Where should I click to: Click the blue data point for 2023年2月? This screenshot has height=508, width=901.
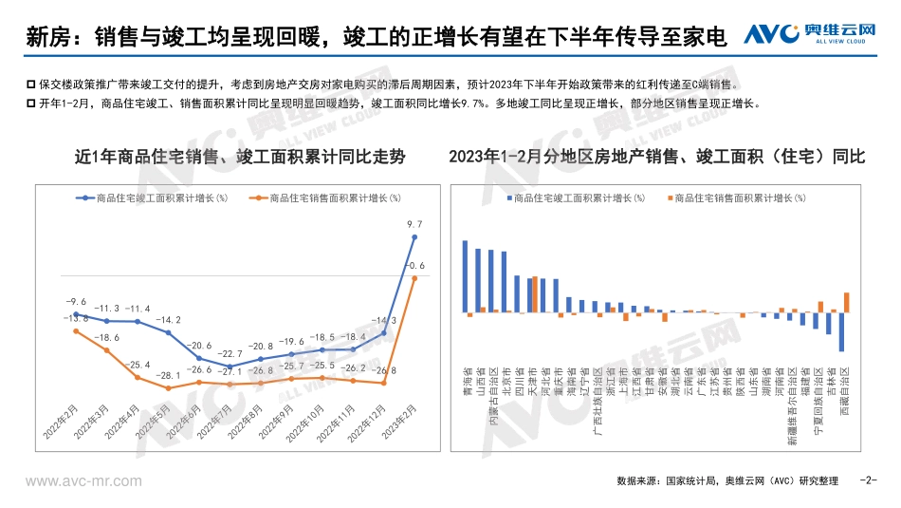pos(414,236)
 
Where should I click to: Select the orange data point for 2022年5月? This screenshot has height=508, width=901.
pos(168,387)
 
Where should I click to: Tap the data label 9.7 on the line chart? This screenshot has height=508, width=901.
pos(414,224)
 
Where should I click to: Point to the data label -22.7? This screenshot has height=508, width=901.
pos(229,353)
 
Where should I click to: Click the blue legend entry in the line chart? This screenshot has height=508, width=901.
pos(153,198)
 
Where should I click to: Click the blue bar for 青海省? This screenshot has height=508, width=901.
pos(465,275)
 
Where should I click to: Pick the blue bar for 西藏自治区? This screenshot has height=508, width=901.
pos(841,331)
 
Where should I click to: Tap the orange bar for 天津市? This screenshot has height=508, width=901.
pos(535,294)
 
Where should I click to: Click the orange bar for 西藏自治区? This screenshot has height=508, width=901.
pos(846,302)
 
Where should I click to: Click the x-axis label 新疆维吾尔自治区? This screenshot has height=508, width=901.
pos(790,407)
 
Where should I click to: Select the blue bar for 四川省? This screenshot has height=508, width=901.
pos(517,293)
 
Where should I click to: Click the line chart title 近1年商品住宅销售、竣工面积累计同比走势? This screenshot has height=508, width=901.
pos(227,158)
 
